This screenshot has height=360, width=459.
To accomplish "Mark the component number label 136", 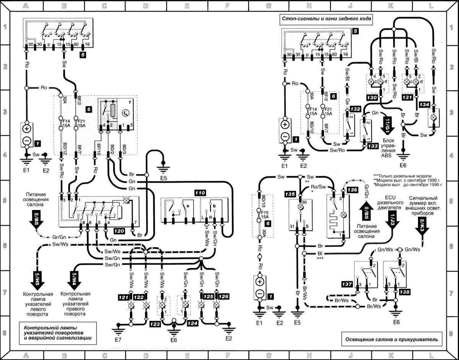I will pyautogui.click(x=353, y=190).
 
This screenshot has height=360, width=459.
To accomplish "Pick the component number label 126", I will pyautogui.click(x=223, y=296).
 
